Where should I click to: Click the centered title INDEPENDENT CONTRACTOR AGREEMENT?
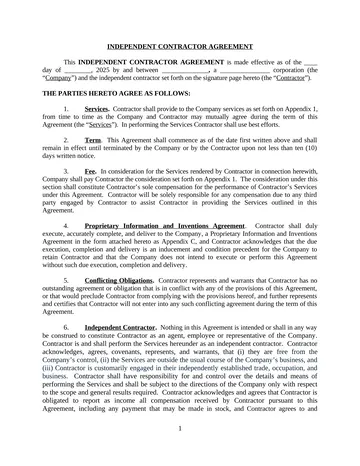pyautogui.click(x=180, y=46)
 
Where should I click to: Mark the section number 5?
pyautogui.click(x=64, y=282)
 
